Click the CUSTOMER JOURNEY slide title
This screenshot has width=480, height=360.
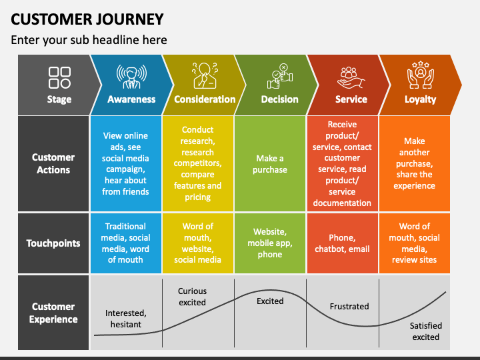(87, 19)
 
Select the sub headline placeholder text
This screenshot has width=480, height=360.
(89, 40)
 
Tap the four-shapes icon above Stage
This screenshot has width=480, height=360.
(59, 77)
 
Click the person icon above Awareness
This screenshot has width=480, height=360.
(131, 77)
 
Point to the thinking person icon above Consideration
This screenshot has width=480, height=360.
(205, 75)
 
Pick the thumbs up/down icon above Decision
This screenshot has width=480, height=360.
(280, 76)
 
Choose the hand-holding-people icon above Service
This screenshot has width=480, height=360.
(351, 78)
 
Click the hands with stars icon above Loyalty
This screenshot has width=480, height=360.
(421, 75)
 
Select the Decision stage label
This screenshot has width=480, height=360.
(279, 99)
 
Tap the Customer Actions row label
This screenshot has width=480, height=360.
(53, 163)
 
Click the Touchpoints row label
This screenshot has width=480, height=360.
(53, 243)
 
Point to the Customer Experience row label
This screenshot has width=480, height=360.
(53, 313)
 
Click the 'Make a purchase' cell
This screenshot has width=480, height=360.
(270, 164)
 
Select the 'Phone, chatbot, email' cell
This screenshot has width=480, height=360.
(342, 243)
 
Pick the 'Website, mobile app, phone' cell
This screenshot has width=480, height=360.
(270, 243)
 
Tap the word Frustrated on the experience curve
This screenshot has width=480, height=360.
(349, 307)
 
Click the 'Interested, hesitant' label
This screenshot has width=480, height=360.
(126, 319)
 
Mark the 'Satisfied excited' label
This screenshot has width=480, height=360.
(426, 331)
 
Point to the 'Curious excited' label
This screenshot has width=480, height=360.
(192, 297)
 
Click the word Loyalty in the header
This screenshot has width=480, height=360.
(420, 99)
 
